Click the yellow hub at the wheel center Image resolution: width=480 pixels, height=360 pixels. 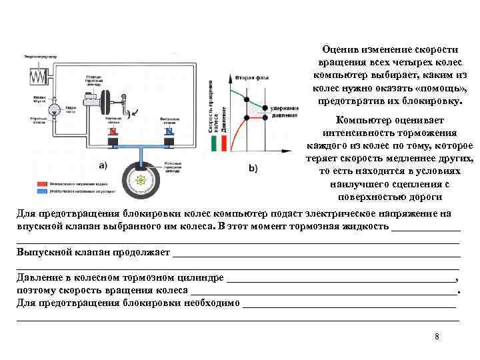point(141,180)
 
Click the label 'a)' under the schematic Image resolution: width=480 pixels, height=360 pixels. point(103,164)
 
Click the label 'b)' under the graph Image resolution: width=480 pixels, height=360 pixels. point(253,168)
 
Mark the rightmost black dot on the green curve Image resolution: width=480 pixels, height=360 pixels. point(265,108)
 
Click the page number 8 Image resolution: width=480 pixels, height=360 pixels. point(437,336)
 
